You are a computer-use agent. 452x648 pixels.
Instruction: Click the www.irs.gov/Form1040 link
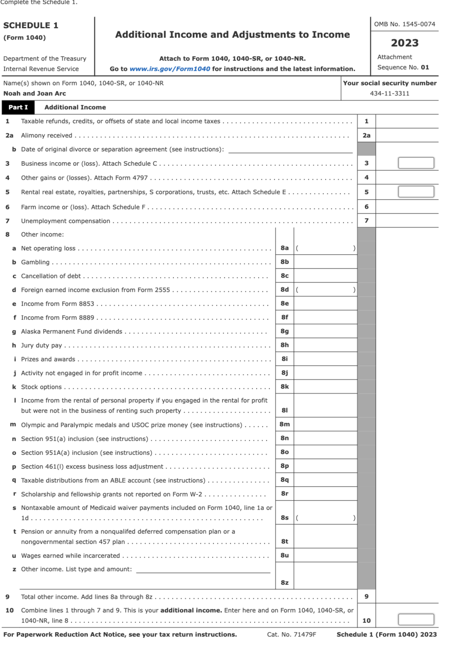tap(170, 69)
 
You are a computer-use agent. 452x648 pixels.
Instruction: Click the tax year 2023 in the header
tap(404, 43)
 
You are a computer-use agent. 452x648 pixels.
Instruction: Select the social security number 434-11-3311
tap(389, 93)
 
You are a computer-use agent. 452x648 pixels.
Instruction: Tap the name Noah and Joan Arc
tap(34, 93)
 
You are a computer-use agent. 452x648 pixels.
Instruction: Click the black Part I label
tap(18, 107)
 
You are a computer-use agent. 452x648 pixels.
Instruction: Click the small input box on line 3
tap(416, 163)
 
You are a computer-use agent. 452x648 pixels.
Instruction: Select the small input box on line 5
tap(416, 192)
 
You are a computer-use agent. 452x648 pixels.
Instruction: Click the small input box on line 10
tap(416, 619)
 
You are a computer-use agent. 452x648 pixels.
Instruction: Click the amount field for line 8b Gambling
tap(325, 262)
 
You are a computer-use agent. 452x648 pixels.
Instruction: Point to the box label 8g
tap(285, 331)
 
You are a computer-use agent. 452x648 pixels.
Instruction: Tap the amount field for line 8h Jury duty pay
tap(325, 345)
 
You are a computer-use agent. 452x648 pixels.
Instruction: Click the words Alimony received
tap(46, 135)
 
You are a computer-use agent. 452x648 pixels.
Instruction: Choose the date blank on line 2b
tap(290, 149)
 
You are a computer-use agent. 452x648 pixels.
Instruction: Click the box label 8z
tap(285, 583)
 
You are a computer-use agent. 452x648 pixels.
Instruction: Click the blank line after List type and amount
tap(203, 569)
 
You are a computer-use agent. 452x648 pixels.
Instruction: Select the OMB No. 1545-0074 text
tap(404, 24)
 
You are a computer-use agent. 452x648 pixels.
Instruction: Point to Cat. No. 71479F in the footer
tap(291, 635)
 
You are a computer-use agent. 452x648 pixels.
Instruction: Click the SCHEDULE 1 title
tap(31, 25)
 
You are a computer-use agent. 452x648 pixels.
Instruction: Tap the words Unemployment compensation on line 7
tap(65, 221)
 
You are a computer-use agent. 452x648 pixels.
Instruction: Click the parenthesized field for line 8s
tap(325, 518)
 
